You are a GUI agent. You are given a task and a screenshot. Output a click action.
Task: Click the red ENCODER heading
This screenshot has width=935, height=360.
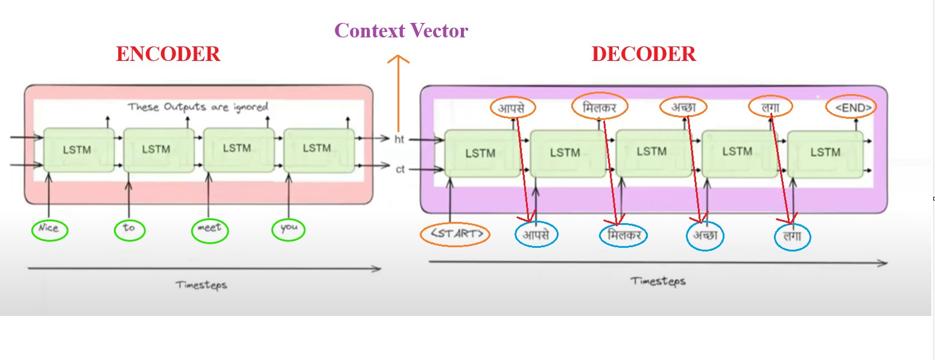coord(168,54)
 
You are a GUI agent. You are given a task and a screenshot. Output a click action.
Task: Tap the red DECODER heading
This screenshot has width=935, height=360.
coord(644,54)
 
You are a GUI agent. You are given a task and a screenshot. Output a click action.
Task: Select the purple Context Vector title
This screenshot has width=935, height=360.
coord(401,31)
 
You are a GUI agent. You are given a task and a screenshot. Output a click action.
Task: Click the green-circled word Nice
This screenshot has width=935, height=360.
coord(49,229)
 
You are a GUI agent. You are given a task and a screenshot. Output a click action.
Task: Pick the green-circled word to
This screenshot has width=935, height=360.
coord(129,229)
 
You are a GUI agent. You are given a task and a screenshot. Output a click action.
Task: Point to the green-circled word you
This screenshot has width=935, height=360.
coord(289,229)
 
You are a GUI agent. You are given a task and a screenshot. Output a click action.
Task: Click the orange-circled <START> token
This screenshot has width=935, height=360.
coord(455,234)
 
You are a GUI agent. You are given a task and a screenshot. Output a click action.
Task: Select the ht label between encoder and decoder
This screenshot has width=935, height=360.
coord(399,139)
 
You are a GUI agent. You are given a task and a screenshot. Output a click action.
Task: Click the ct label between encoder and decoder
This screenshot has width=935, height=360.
coord(400,169)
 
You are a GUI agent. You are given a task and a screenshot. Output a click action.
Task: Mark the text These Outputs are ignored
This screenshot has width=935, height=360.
coord(198,107)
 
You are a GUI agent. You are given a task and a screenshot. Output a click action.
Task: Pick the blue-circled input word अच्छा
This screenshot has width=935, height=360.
coord(705,236)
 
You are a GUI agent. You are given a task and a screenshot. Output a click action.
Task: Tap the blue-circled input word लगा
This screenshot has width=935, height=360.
coord(792,237)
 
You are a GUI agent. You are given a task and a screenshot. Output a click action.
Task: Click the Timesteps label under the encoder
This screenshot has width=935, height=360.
coord(201,285)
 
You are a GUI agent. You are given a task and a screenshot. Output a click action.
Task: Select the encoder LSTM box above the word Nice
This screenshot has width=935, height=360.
coord(78,150)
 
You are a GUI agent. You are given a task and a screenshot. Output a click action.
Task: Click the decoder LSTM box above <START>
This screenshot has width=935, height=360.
coord(481,153)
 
